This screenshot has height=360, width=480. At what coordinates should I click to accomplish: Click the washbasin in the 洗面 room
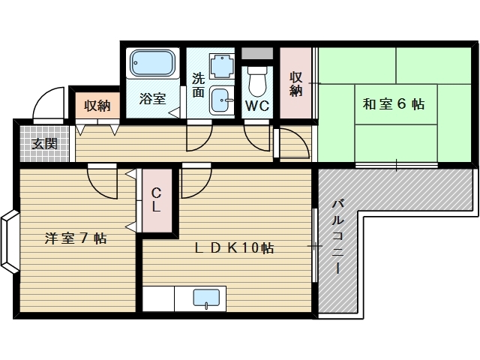coord(220,98)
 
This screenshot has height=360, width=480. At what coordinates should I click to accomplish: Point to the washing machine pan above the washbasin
coord(222,66)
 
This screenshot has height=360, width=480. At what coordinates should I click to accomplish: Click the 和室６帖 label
coord(394,104)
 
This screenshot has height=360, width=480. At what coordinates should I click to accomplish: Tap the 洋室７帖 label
coord(75,238)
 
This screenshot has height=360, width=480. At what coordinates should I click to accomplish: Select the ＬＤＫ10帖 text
coord(235,248)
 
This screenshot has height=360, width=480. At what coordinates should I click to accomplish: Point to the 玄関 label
coord(44,143)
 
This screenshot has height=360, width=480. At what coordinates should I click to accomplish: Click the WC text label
coord(257,106)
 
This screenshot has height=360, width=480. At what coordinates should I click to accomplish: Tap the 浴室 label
coord(153,97)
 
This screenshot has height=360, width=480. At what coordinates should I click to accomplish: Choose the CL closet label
coord(157,199)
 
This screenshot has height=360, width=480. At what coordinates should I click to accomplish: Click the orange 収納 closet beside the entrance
coord(97,106)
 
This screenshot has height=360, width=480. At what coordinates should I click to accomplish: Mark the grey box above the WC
coord(257,55)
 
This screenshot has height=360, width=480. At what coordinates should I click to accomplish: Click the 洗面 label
coord(198,85)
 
